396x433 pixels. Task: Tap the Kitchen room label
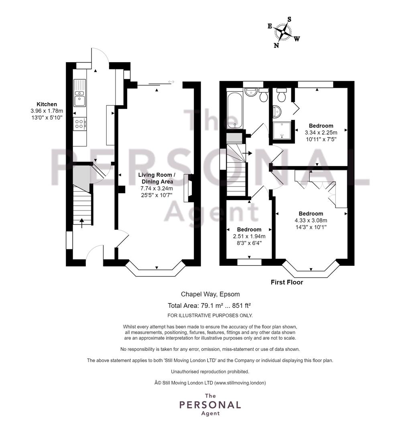click(x=47, y=104)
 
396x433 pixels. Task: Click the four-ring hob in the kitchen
click(x=79, y=124)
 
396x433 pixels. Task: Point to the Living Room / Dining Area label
click(x=156, y=178)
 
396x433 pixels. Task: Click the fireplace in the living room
click(x=188, y=188)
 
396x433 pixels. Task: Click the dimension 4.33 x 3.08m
click(x=311, y=220)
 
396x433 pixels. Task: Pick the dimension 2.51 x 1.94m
click(x=248, y=236)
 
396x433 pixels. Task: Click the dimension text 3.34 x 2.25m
click(x=321, y=132)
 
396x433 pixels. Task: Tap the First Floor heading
click(x=287, y=282)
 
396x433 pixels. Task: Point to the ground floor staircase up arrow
click(x=82, y=222)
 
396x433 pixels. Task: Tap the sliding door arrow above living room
click(x=171, y=82)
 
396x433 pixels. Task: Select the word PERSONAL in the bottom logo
click(x=210, y=405)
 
